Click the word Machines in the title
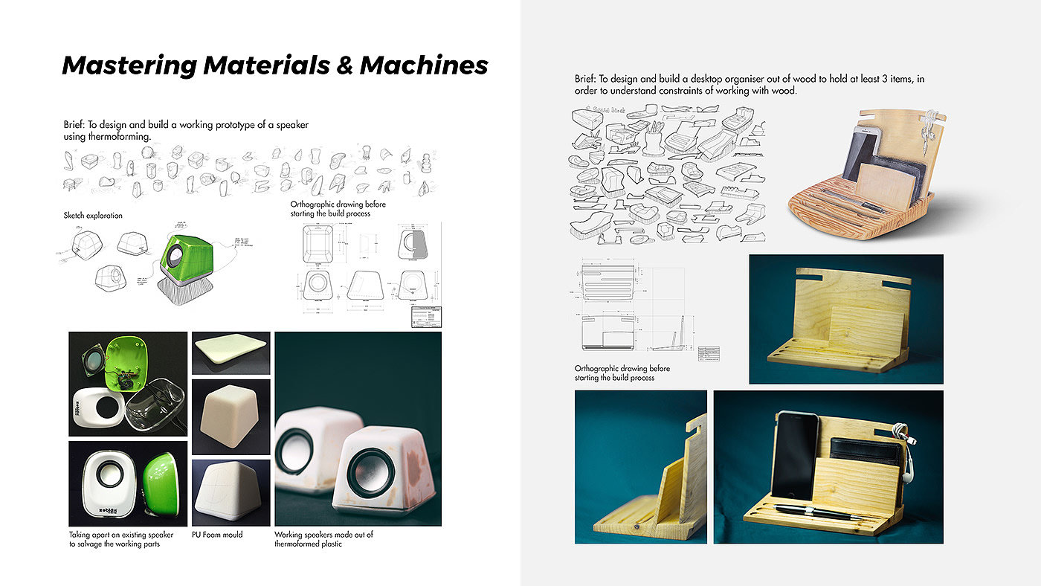click(x=424, y=65)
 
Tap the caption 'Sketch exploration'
click(x=93, y=216)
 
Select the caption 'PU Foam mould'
click(x=217, y=534)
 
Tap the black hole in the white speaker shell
click(x=110, y=406)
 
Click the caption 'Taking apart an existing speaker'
click(x=121, y=534)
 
